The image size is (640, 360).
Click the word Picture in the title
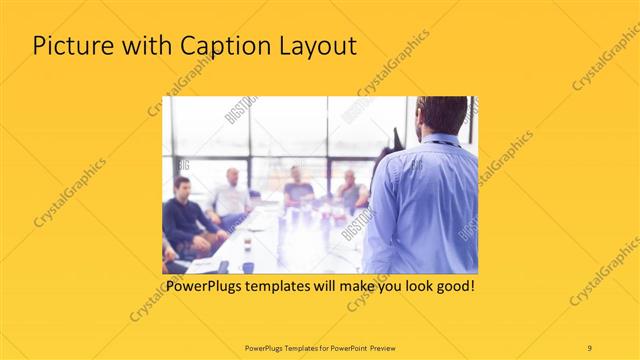click(70, 46)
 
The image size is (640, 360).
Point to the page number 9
click(589, 347)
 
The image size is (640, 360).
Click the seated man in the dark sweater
click(185, 220)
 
